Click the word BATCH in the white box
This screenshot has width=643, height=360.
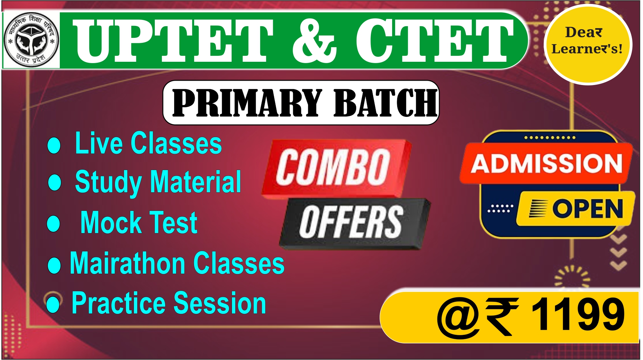coord(385,103)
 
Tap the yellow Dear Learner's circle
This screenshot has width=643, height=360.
coord(588,45)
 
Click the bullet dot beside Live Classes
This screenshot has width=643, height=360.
coord(54,145)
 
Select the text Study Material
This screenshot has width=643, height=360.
coord(158,182)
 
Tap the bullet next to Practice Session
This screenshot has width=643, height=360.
coord(53,304)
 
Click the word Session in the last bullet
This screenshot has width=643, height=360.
coord(220,303)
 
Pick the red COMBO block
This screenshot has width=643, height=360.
coord(336,168)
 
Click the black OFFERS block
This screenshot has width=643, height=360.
coord(354,223)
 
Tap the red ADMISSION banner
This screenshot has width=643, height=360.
coord(546,163)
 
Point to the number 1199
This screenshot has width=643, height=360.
coord(578,314)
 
